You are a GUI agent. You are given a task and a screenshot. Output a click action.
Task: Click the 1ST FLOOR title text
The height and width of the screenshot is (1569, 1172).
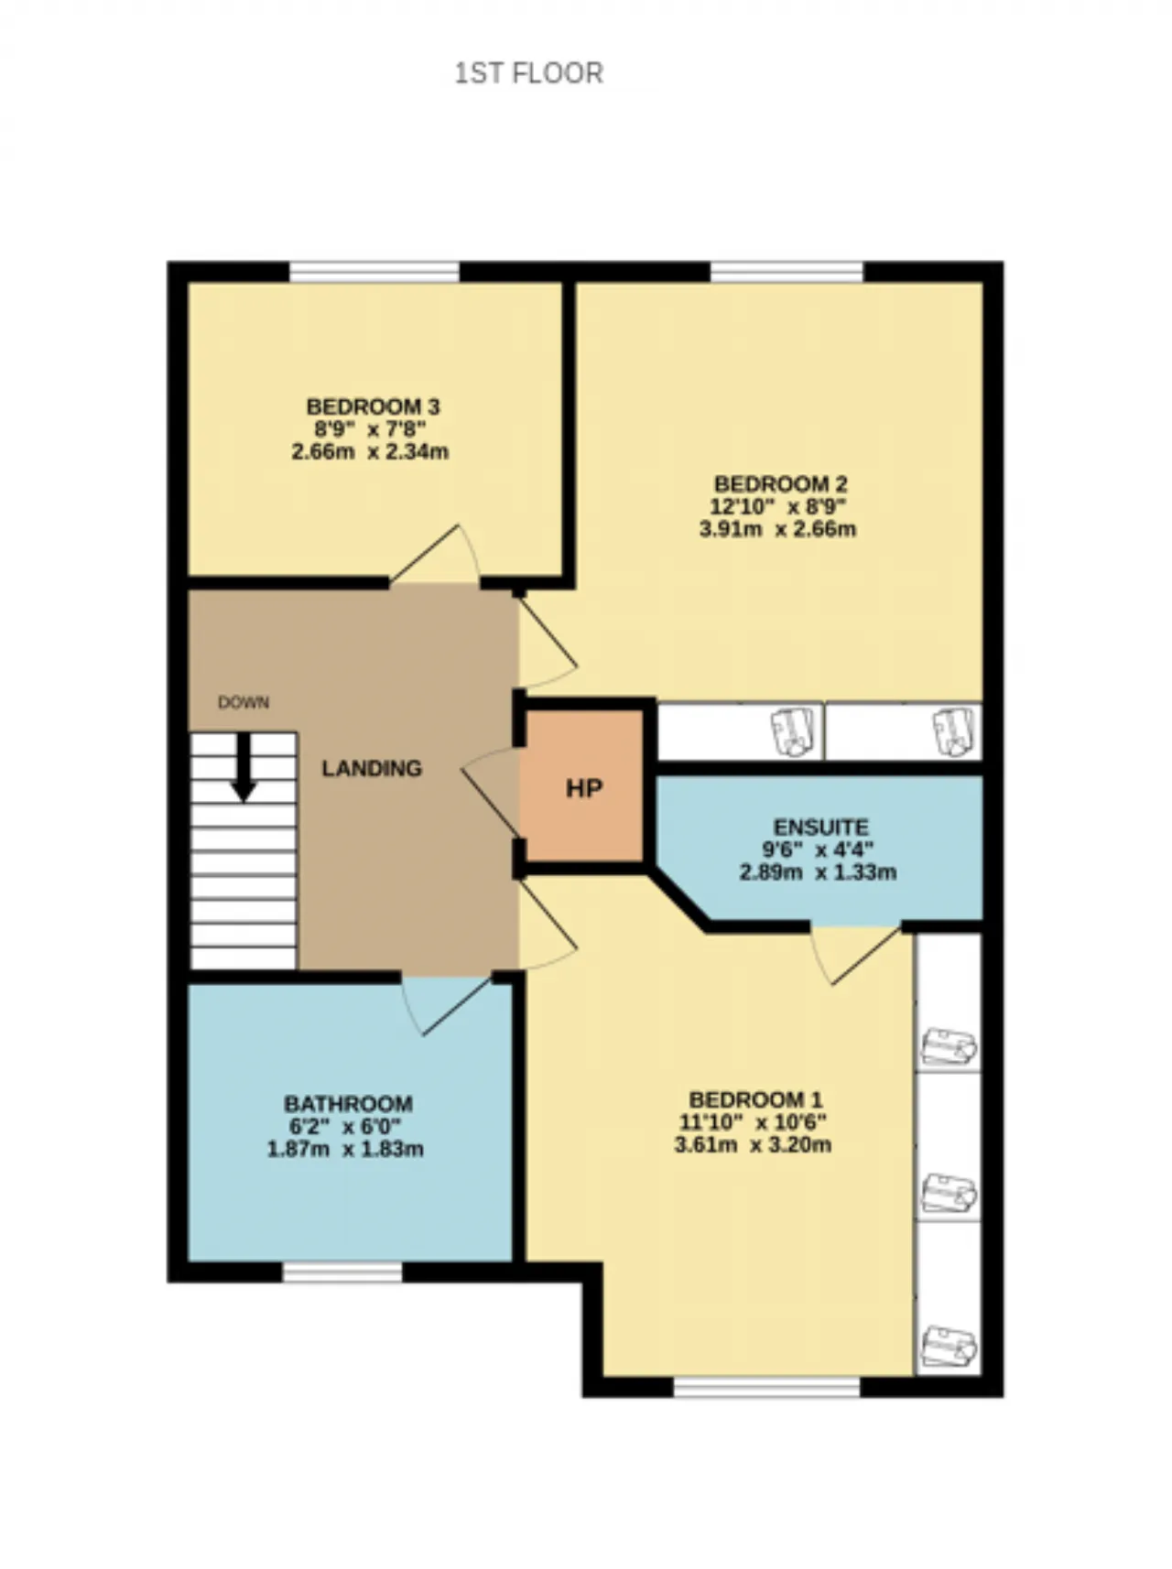[529, 73]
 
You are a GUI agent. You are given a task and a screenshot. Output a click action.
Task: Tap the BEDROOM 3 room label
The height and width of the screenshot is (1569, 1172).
[373, 406]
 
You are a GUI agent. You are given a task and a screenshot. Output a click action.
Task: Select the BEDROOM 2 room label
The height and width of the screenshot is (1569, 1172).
[780, 484]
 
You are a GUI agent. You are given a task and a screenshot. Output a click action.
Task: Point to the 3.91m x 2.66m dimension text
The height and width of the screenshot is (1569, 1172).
[778, 529]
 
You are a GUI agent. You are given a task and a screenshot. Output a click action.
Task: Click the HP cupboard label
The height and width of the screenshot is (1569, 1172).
[584, 788]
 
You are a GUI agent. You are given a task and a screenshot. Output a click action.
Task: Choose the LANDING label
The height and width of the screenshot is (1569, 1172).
[372, 768]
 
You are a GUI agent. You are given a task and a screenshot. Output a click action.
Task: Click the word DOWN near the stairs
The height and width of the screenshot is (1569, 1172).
[244, 702]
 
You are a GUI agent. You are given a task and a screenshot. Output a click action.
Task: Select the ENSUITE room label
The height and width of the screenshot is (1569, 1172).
[820, 828]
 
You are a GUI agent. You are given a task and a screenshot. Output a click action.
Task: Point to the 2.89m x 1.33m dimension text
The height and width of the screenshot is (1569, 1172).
[818, 872]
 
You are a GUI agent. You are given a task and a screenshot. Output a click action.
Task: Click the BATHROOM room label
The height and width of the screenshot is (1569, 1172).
[348, 1104]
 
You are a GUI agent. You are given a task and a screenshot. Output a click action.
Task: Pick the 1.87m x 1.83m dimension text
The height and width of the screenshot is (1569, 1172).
[345, 1149]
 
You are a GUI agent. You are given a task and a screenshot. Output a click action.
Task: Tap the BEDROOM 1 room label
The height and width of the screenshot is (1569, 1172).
[755, 1099]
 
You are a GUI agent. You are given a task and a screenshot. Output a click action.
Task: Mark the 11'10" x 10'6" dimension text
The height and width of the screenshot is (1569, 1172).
[753, 1122]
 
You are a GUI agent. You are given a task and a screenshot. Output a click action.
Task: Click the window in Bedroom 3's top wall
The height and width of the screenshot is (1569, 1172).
[374, 272]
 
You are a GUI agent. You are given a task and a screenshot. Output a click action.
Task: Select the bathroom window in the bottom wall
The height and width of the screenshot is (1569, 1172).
[342, 1271]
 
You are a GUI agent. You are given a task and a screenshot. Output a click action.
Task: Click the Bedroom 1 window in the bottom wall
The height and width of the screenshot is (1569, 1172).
[767, 1387]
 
